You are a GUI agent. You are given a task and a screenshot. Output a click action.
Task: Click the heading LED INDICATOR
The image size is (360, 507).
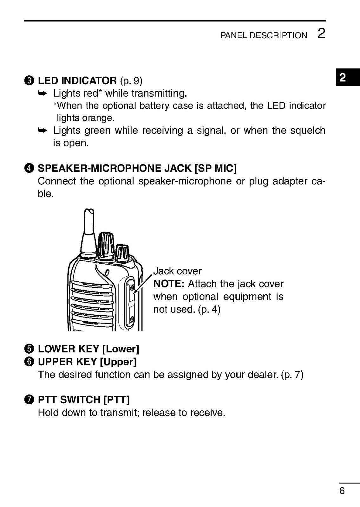pyautogui.click(x=77, y=80)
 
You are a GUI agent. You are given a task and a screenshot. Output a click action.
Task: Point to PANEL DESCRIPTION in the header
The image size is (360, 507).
pyautogui.click(x=264, y=35)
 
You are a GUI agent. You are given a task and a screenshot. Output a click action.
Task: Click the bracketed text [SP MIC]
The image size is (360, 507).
pyautogui.click(x=215, y=168)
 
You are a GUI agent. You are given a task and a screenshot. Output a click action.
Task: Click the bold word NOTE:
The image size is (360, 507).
pyautogui.click(x=169, y=284)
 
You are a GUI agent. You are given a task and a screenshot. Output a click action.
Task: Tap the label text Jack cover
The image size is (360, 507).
pyautogui.click(x=177, y=271)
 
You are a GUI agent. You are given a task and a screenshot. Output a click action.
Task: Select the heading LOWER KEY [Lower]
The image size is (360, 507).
pyautogui.click(x=88, y=349)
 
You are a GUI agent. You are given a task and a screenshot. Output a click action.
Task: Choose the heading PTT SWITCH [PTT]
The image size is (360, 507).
pyautogui.click(x=84, y=400)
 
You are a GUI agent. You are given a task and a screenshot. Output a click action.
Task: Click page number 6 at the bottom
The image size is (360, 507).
pyautogui.click(x=342, y=491)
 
